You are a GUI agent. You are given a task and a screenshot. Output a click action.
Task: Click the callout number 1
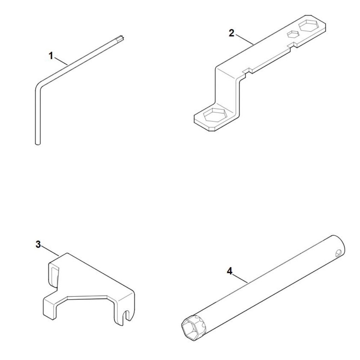[51, 56]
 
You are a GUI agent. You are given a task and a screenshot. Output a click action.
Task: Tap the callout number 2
[231, 33]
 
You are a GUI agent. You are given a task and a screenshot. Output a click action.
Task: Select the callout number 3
[38, 244]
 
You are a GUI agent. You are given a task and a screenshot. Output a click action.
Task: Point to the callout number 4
[230, 271]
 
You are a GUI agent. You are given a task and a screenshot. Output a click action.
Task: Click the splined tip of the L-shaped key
[120, 39]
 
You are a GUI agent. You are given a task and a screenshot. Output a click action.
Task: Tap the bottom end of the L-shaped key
[38, 143]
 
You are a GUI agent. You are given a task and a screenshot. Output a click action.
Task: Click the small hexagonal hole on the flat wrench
[293, 34]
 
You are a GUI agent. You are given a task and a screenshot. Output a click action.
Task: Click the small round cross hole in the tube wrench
[338, 253]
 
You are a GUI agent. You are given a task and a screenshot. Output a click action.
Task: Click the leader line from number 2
[244, 39]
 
